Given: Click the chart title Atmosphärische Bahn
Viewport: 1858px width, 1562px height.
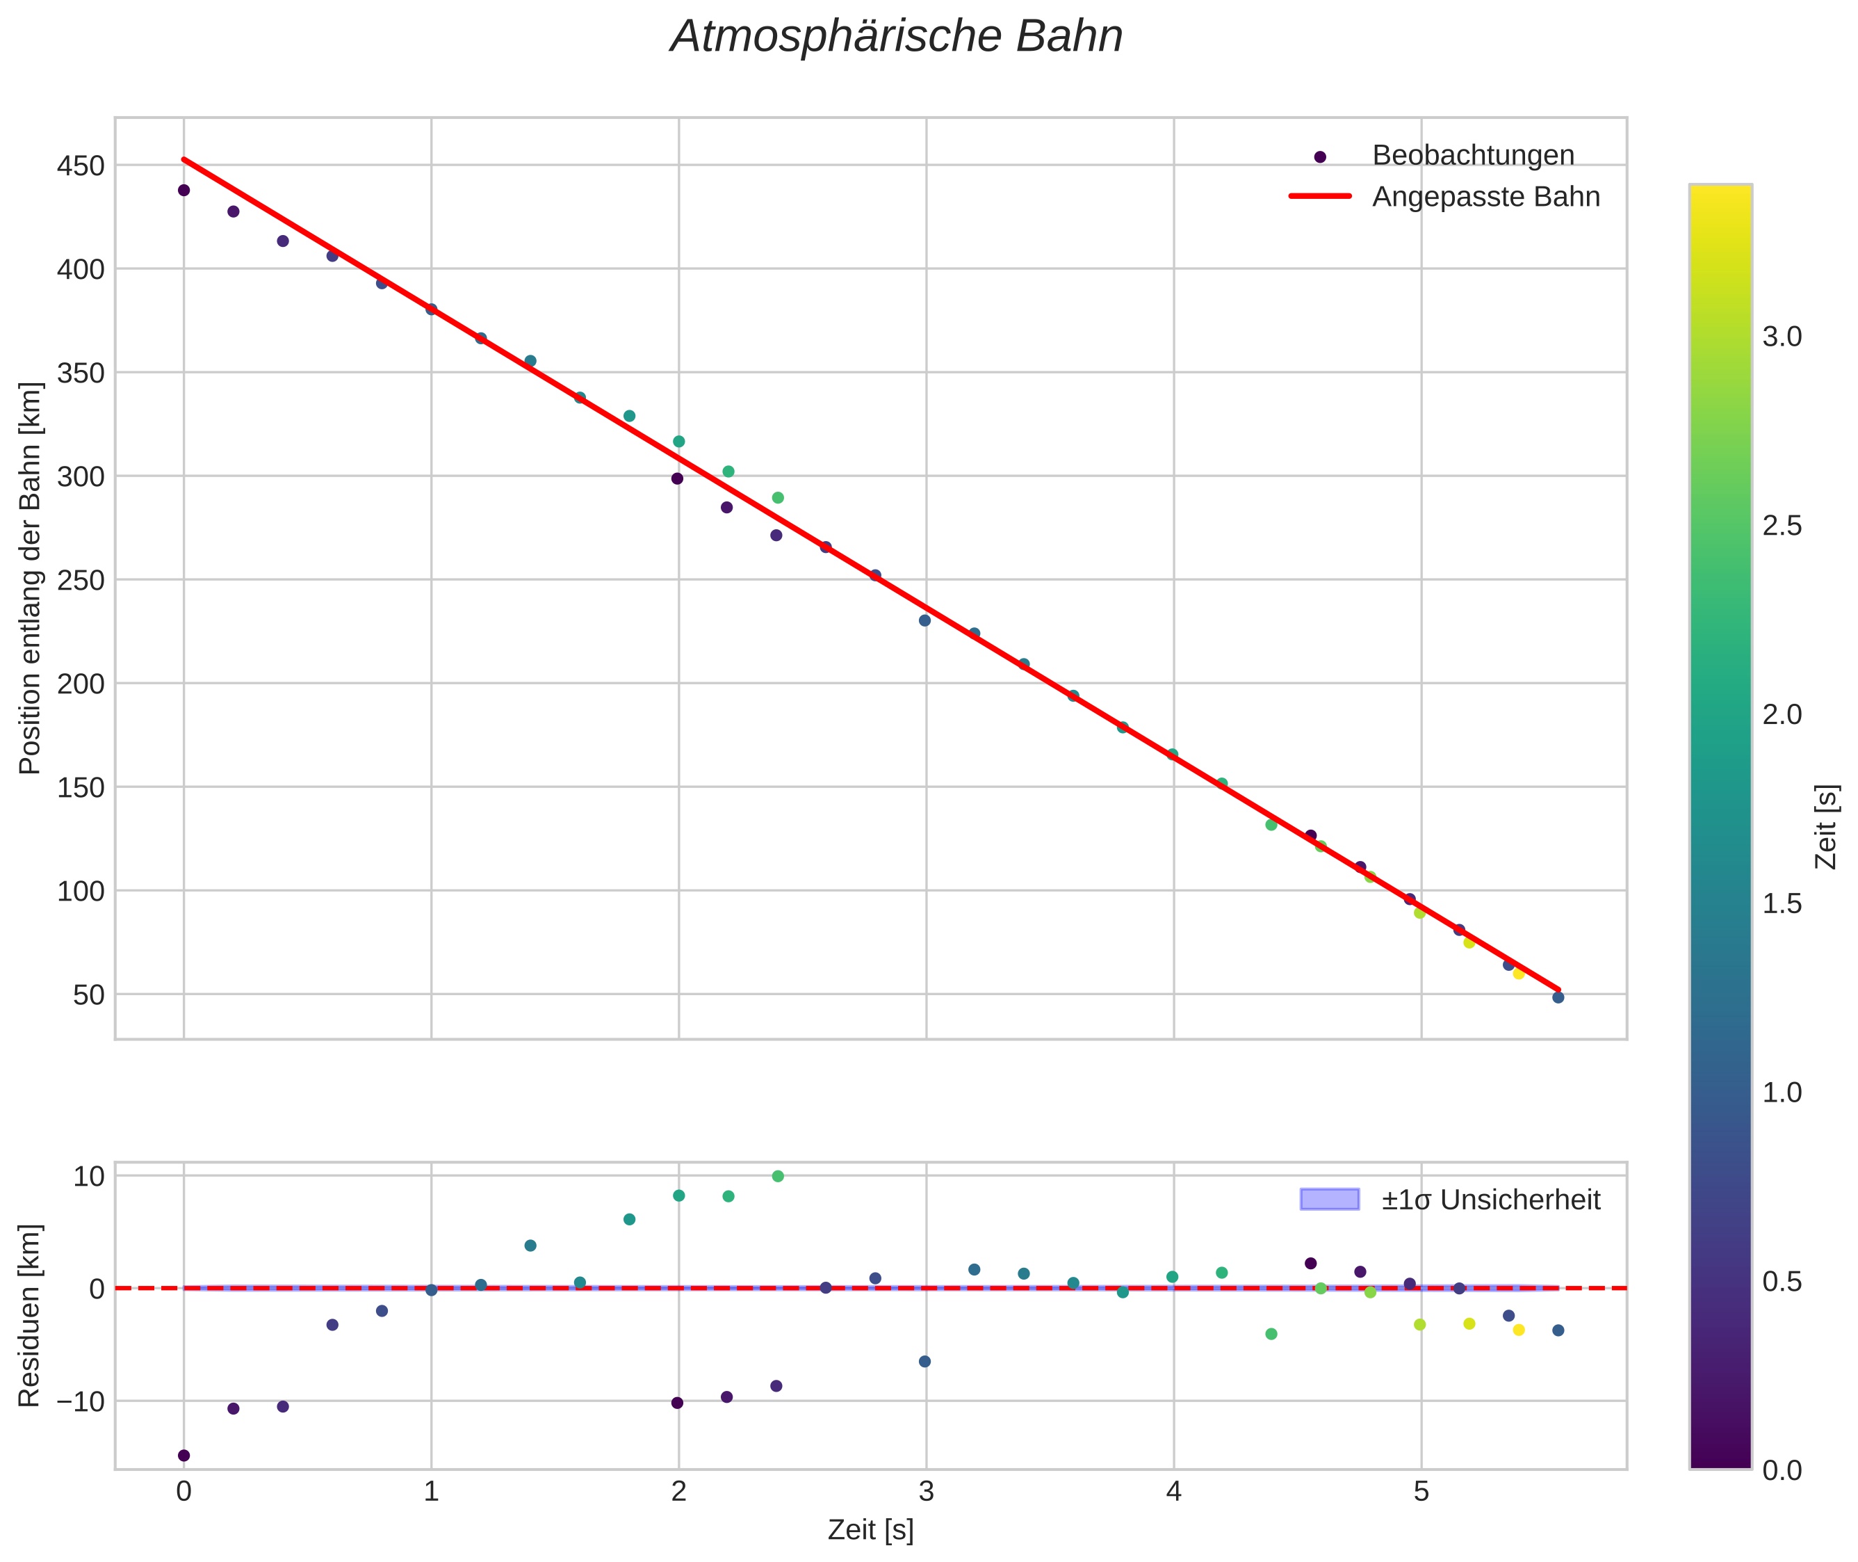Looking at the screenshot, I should click(896, 37).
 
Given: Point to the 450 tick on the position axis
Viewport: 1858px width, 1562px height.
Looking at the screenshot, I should click(81, 166).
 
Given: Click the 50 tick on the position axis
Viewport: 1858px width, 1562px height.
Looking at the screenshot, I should click(88, 995).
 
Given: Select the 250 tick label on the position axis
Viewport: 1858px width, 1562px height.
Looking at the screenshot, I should click(81, 580).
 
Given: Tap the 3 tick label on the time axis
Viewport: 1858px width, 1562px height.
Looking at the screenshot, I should click(926, 1492).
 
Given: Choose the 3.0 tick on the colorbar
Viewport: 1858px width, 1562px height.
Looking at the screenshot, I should click(1782, 337).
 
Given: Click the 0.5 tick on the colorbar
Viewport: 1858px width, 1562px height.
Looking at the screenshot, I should click(1782, 1281).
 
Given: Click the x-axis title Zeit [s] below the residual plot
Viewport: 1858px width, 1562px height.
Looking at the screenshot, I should click(870, 1530).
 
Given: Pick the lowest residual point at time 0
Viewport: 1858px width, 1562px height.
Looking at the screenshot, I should click(184, 1456).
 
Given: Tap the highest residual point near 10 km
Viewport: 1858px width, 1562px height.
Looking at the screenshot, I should click(778, 1176).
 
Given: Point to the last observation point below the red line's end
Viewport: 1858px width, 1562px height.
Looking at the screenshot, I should click(1558, 998).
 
